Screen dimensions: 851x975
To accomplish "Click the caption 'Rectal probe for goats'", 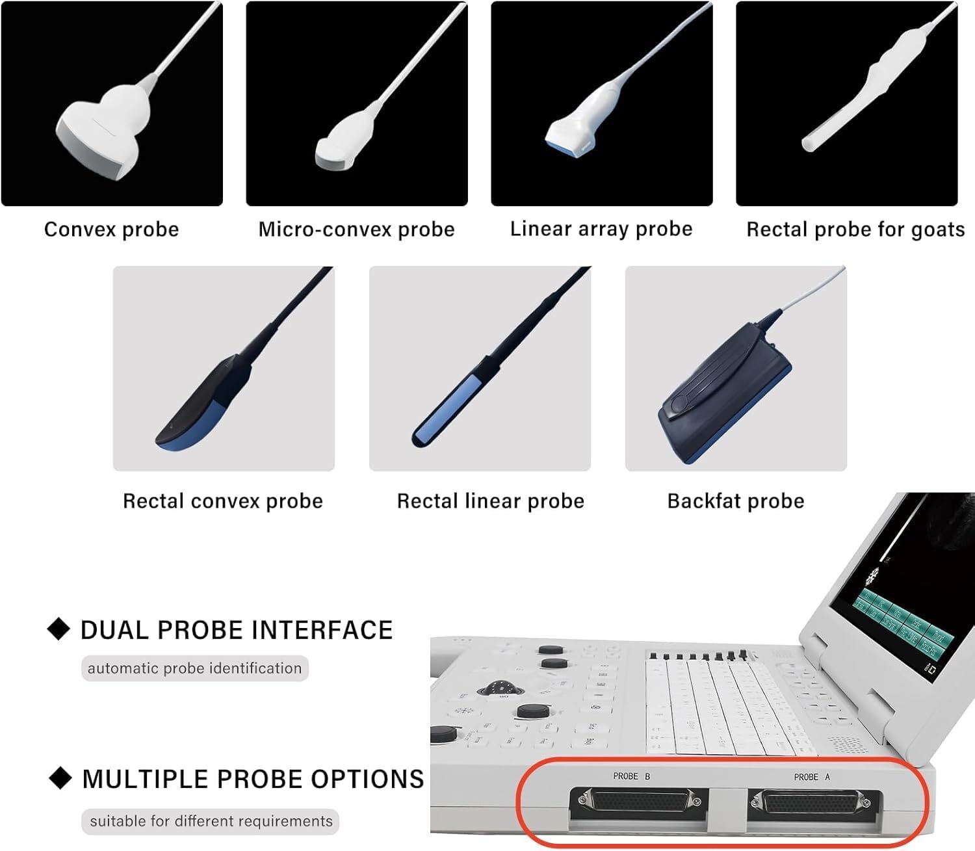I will coord(855,229).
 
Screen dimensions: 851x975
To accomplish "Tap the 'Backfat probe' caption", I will coord(736,501).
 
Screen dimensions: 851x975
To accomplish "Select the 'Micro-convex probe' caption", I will coord(356,229).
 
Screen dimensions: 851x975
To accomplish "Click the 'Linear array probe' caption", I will coord(601,229).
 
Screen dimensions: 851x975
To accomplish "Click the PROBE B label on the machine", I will coord(631,776).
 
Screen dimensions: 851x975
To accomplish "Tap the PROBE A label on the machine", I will coord(811,777).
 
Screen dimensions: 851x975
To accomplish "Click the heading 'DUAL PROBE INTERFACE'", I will coord(237,630).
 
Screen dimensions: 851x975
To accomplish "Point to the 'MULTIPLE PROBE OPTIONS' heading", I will coord(253,779).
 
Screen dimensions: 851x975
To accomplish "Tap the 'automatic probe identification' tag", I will coord(194,668).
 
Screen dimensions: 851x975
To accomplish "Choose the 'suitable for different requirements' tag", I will coord(211,821).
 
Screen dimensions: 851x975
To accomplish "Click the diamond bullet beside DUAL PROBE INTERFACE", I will coord(59,629).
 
